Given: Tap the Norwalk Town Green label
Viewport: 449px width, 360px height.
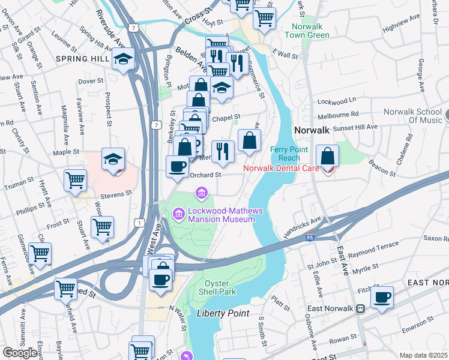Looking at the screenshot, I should click(x=310, y=31).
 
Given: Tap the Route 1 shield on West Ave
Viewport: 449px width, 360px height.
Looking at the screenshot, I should click(x=139, y=223).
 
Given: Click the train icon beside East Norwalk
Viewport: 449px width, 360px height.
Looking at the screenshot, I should click(x=360, y=308).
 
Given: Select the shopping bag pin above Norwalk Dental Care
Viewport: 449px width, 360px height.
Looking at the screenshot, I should click(x=328, y=156).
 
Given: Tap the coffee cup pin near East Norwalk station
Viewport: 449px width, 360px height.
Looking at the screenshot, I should click(x=382, y=297).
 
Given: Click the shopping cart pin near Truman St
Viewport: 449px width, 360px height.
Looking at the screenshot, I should click(x=76, y=179).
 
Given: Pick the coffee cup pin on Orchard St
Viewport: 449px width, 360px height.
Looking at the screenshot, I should click(x=177, y=166).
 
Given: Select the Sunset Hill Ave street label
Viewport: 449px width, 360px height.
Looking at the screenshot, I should click(x=355, y=127).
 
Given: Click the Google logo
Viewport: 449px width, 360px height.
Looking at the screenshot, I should click(x=20, y=353).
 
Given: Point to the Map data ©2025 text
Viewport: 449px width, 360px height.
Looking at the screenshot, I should click(x=423, y=355).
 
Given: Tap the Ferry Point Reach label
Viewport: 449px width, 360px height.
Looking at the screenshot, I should click(x=285, y=153).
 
